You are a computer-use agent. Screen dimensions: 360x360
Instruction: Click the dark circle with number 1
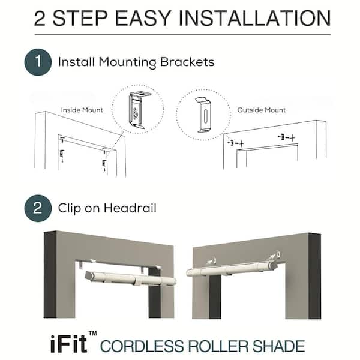(x=38, y=62)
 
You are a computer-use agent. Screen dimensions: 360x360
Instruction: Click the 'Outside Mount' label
(x=261, y=110)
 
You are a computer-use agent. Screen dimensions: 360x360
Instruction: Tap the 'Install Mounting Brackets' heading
(x=136, y=62)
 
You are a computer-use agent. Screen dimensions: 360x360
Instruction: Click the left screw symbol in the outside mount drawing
(x=236, y=143)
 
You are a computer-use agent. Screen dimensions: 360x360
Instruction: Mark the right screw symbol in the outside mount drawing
(x=286, y=137)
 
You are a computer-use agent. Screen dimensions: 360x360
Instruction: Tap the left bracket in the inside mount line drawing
(x=62, y=155)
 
